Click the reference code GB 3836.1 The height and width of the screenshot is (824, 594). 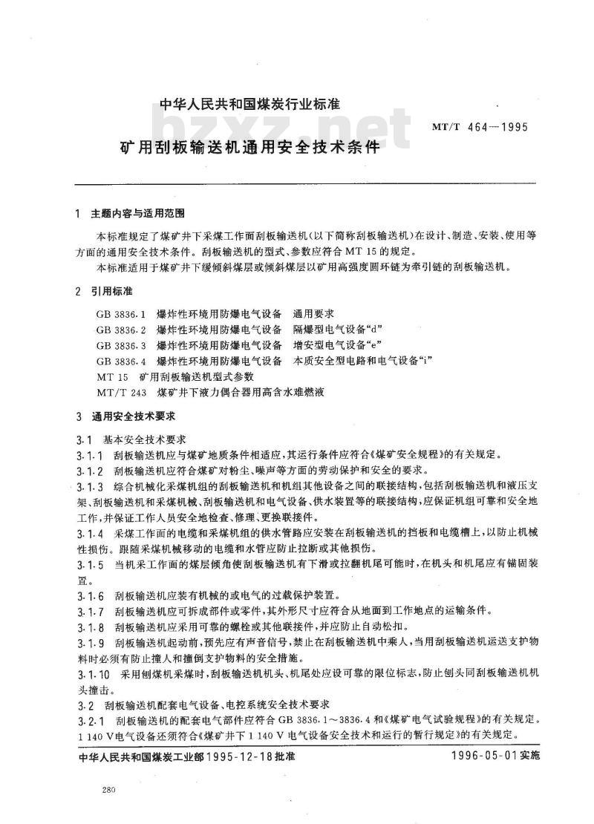[x=121, y=313]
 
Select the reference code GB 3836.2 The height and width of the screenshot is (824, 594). [x=121, y=329]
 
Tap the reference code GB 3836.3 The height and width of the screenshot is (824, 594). [x=121, y=344]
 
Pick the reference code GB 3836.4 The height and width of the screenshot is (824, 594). [x=121, y=360]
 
